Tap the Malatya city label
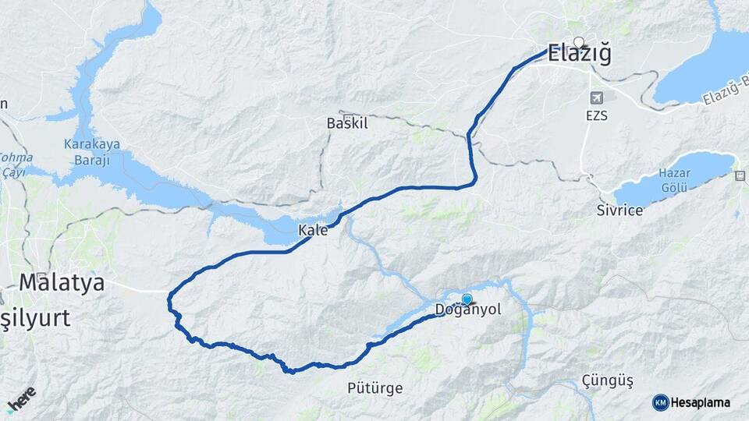tap(62, 282)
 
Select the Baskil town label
tap(347, 123)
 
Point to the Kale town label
tap(313, 231)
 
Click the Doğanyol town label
tap(468, 310)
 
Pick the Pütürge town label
tap(375, 387)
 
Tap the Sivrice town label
tap(619, 210)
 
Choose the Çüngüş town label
tap(608, 380)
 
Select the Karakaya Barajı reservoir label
tap(87, 151)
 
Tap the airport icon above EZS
tap(598, 98)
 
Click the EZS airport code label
tap(598, 116)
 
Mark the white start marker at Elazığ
tap(578, 41)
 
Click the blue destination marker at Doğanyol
tap(467, 299)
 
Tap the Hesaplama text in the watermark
tap(701, 402)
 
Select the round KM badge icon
tap(660, 402)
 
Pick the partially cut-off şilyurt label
tap(35, 318)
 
